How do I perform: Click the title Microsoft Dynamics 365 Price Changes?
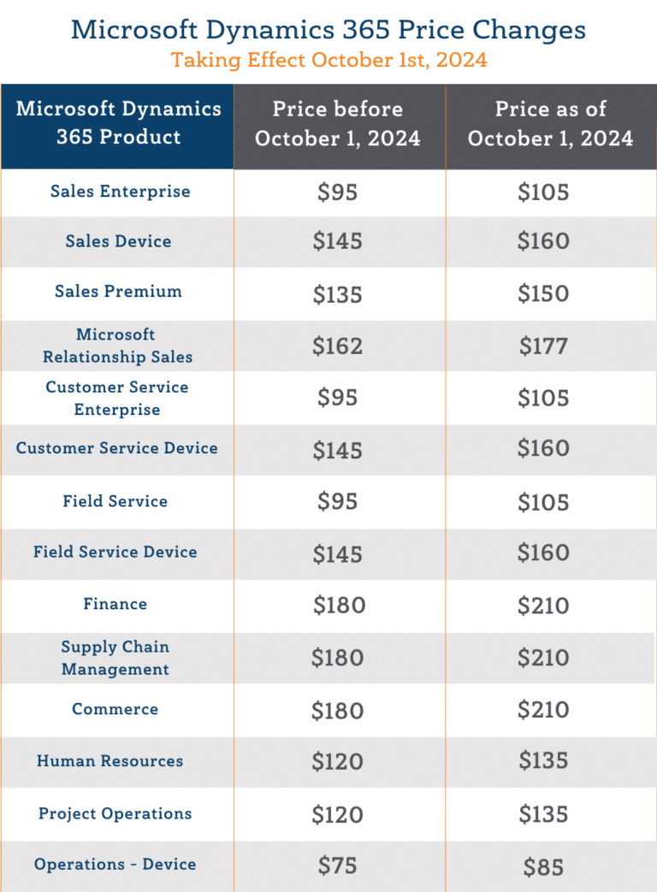pos(328,29)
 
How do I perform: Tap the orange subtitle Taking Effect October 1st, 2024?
pos(328,61)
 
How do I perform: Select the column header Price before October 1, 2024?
pos(338,124)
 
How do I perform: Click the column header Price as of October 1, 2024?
pos(551,124)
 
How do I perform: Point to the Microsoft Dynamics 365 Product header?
pos(118,123)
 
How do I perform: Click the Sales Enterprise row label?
pos(120,192)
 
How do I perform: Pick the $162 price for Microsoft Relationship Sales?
pos(338,346)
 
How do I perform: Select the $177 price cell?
pos(543,346)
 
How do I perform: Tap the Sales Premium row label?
pos(118,292)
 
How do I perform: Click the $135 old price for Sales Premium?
pos(338,294)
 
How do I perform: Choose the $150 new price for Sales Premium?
pos(543,294)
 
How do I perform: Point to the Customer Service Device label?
pos(117,448)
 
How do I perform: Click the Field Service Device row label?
pos(115,552)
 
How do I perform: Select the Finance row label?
pos(115,605)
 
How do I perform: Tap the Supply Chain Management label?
pos(115,659)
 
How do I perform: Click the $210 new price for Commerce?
pos(543,711)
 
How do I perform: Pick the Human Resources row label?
pos(109,761)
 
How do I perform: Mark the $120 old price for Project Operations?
pos(338,815)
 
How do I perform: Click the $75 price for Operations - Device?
pos(338,866)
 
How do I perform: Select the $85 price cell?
pos(543,867)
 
